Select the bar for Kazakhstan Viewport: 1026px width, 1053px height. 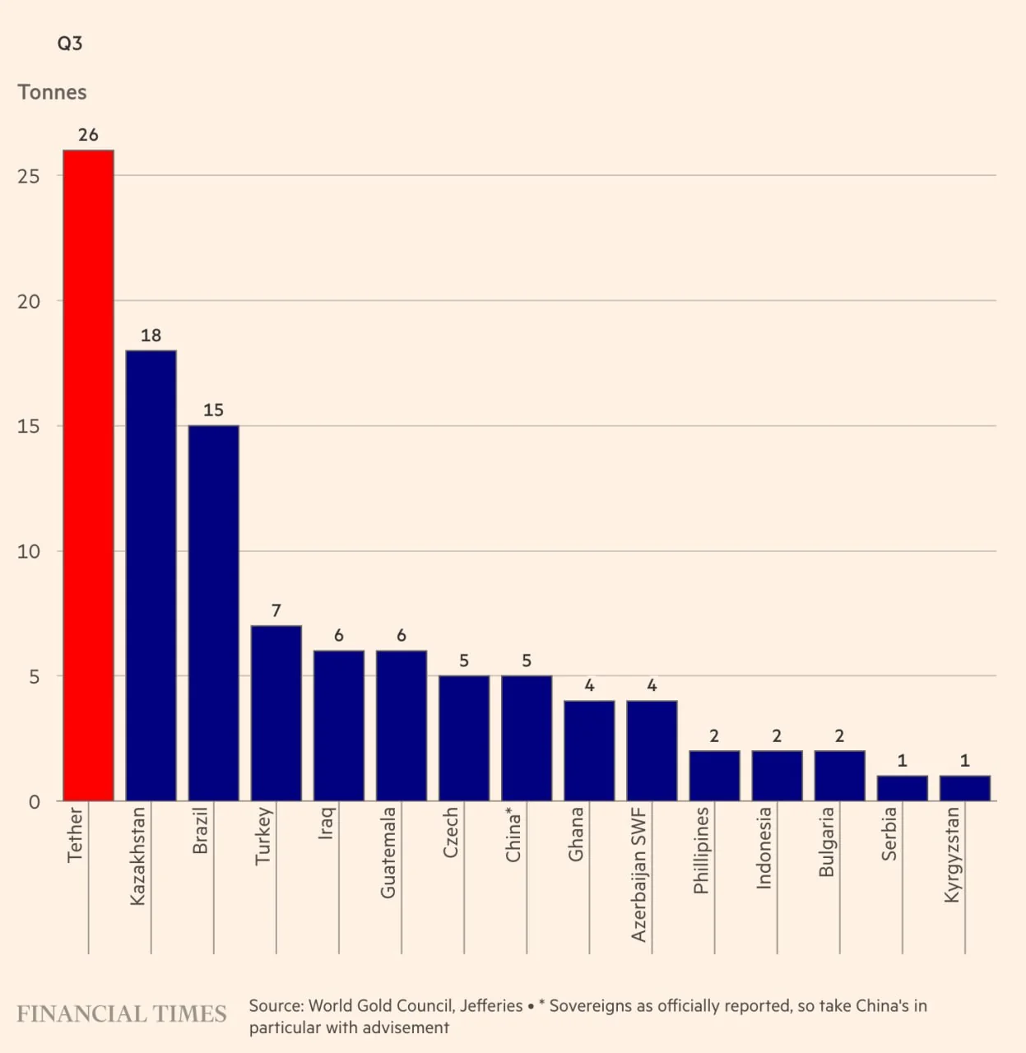(151, 576)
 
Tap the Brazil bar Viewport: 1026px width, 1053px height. (214, 613)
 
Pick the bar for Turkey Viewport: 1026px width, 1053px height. (276, 713)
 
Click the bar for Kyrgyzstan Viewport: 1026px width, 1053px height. (965, 788)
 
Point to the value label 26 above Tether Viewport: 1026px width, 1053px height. (88, 135)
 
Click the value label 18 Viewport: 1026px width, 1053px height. (151, 336)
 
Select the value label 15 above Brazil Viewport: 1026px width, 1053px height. (213, 411)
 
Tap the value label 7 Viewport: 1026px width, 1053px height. (276, 611)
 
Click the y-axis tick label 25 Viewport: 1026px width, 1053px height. (29, 177)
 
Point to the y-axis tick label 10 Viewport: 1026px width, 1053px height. (29, 552)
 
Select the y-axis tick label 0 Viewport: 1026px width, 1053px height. (34, 802)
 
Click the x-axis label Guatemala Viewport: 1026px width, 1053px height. (388, 852)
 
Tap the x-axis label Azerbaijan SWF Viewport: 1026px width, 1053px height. (639, 874)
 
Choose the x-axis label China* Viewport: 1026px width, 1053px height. (513, 834)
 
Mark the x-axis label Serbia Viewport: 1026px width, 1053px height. (889, 833)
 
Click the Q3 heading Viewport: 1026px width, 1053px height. (70, 44)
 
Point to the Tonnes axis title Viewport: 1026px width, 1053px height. (52, 92)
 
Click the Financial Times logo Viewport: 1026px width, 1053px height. (122, 1014)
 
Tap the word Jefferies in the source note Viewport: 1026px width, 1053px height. (491, 1005)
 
